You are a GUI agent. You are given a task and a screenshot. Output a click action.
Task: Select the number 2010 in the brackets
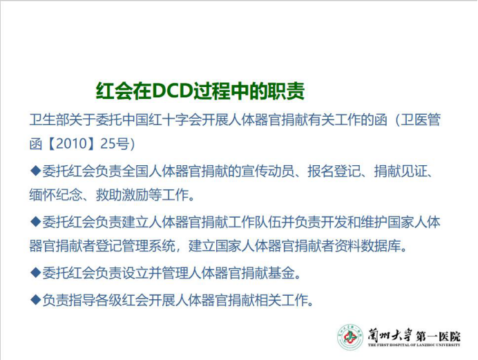click(x=72, y=144)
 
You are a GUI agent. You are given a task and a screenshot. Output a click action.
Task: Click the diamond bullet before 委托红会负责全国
click(x=36, y=171)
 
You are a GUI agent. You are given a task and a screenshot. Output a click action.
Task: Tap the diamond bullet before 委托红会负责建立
click(x=36, y=222)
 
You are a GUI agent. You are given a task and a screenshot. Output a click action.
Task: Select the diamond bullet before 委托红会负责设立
click(x=36, y=272)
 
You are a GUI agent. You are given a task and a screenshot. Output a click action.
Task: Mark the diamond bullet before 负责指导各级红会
click(x=36, y=300)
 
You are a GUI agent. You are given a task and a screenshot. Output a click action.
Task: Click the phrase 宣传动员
click(x=268, y=171)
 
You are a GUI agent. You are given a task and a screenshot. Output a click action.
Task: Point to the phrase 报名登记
click(x=334, y=171)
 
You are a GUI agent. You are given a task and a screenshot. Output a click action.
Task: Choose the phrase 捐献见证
click(x=401, y=171)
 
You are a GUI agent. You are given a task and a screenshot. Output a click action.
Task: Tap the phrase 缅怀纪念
click(x=56, y=195)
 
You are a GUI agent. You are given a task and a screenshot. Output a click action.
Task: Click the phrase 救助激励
click(x=122, y=195)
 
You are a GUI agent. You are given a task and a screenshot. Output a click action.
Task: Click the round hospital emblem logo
click(x=350, y=337)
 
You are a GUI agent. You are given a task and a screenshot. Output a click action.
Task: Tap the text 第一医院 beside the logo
click(x=438, y=337)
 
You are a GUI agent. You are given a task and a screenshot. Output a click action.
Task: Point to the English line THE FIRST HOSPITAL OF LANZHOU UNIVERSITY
click(x=414, y=345)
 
